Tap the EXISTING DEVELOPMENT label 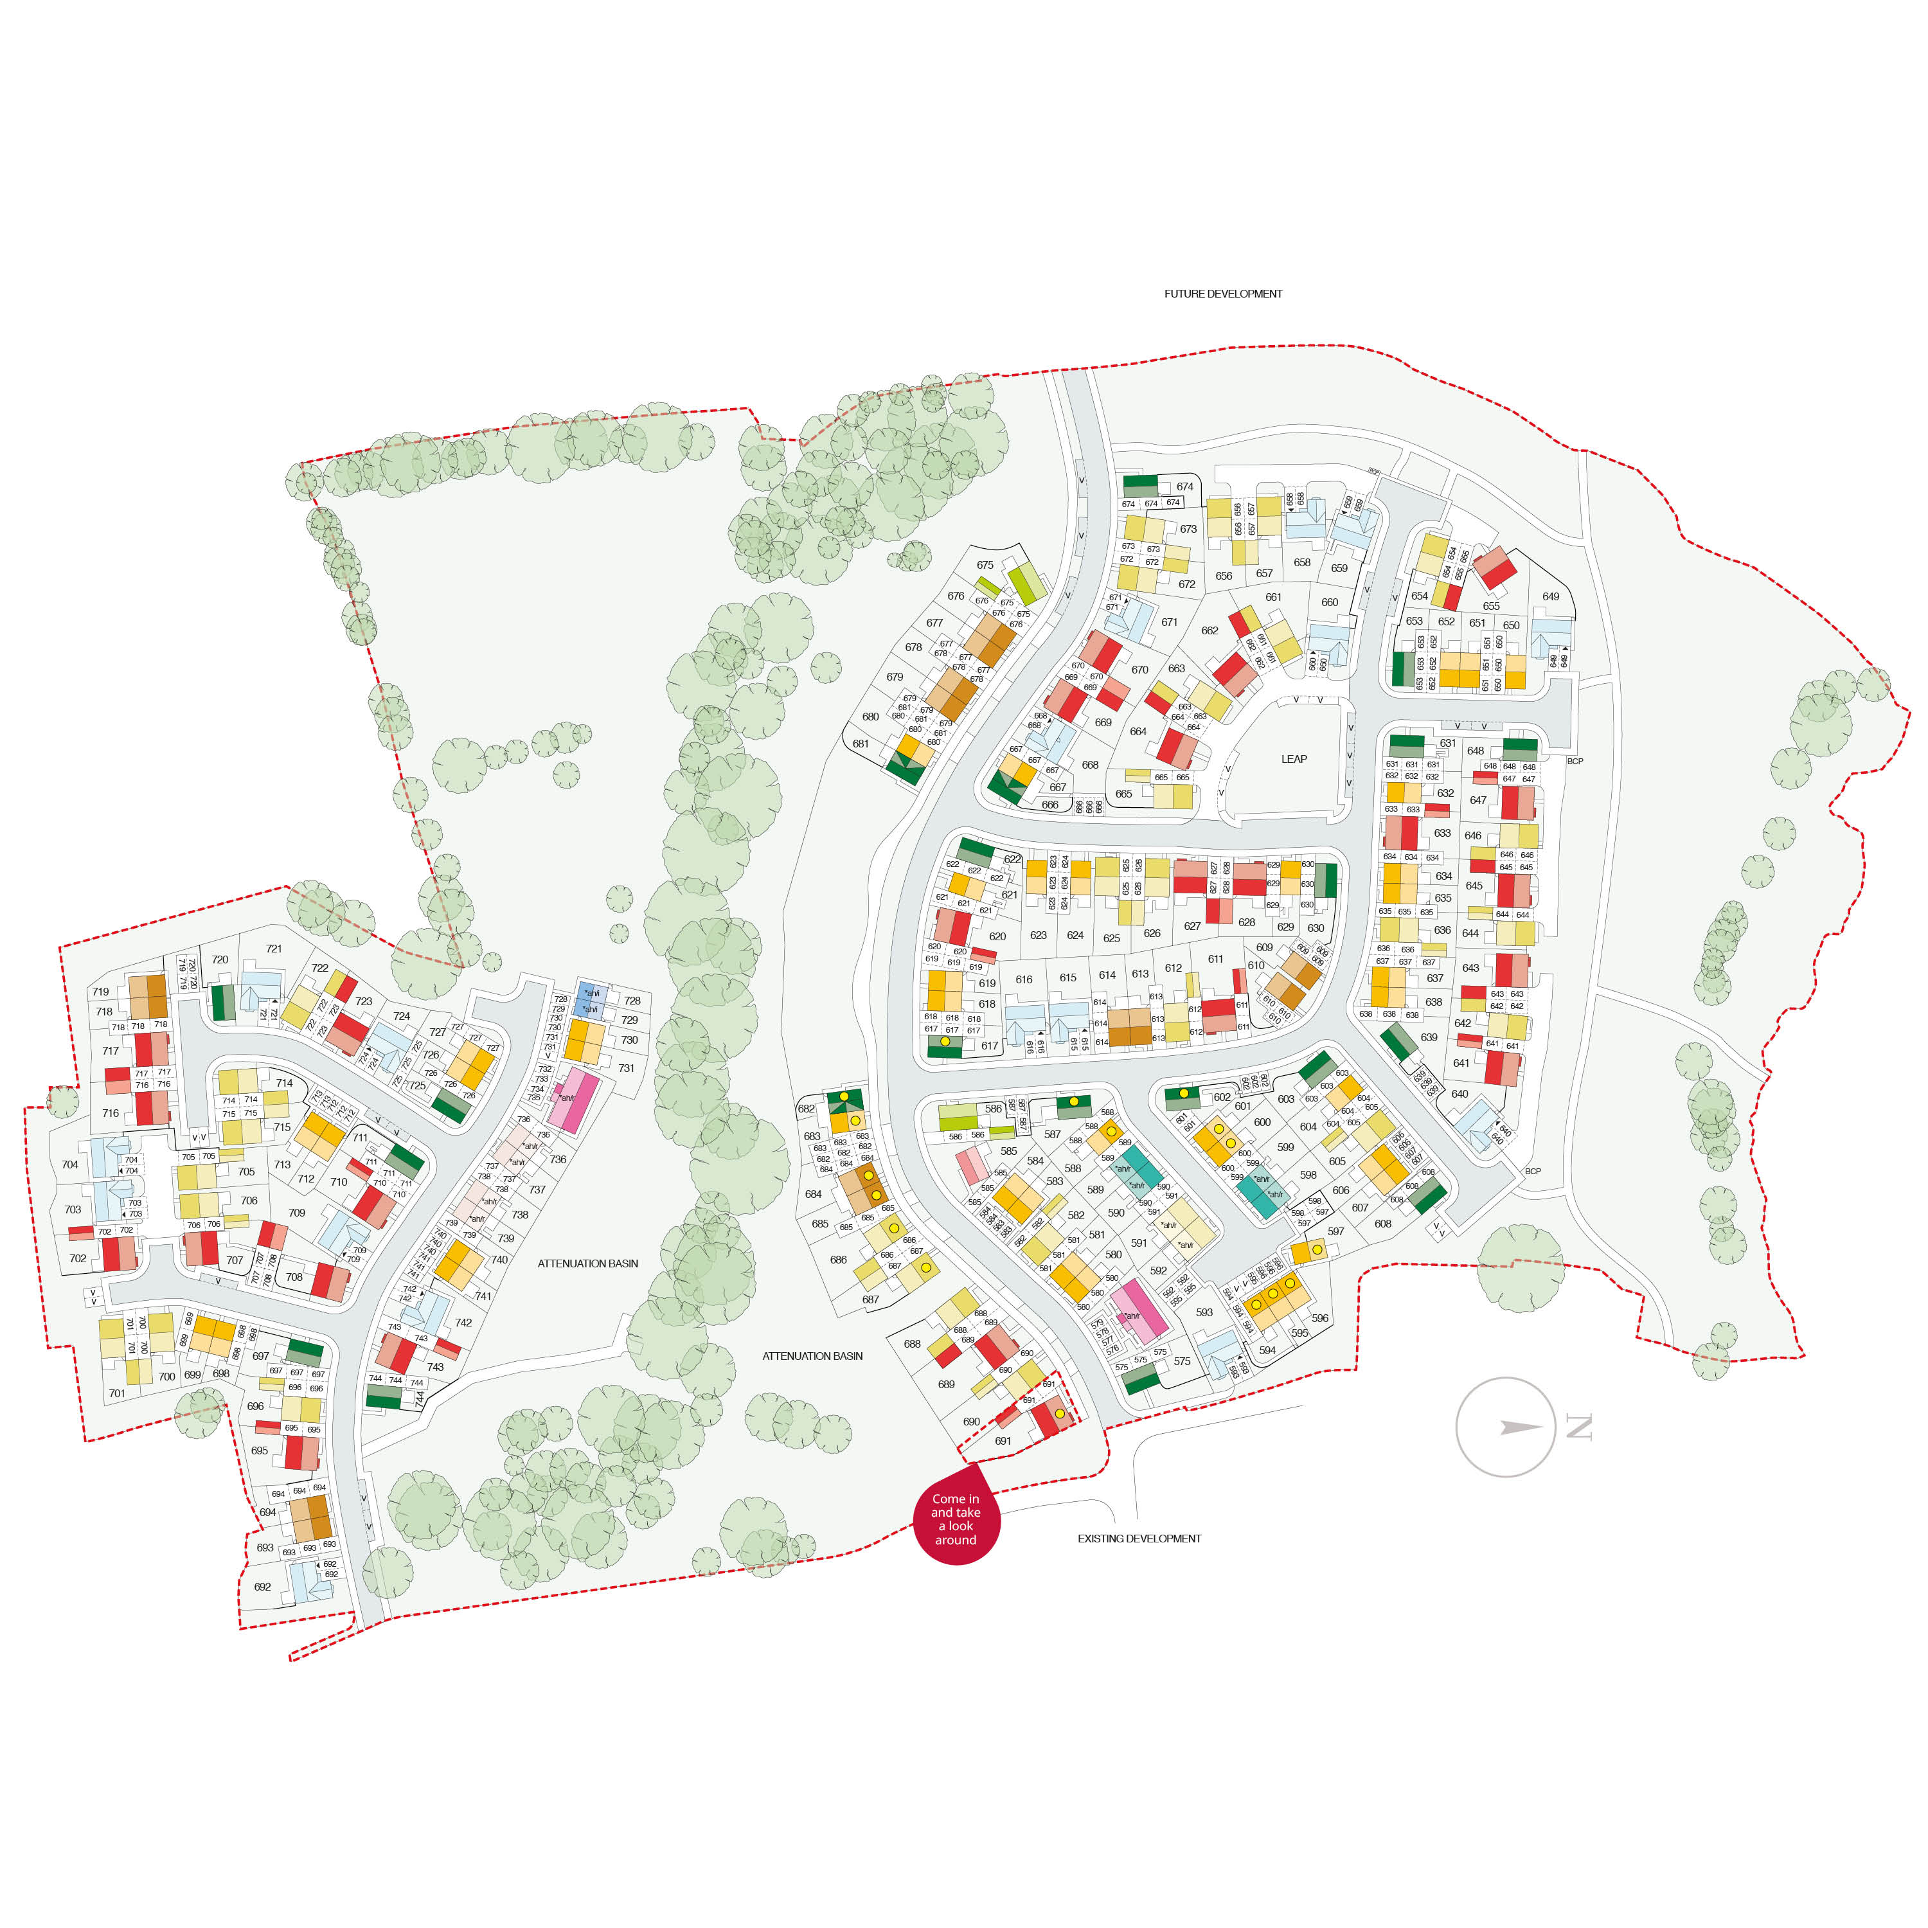(1139, 1538)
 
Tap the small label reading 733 (542, 1079)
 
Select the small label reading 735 (534, 1098)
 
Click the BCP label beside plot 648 (1575, 762)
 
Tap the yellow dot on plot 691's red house (1059, 1413)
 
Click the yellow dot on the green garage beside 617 (944, 1041)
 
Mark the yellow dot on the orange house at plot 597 (1317, 1249)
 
